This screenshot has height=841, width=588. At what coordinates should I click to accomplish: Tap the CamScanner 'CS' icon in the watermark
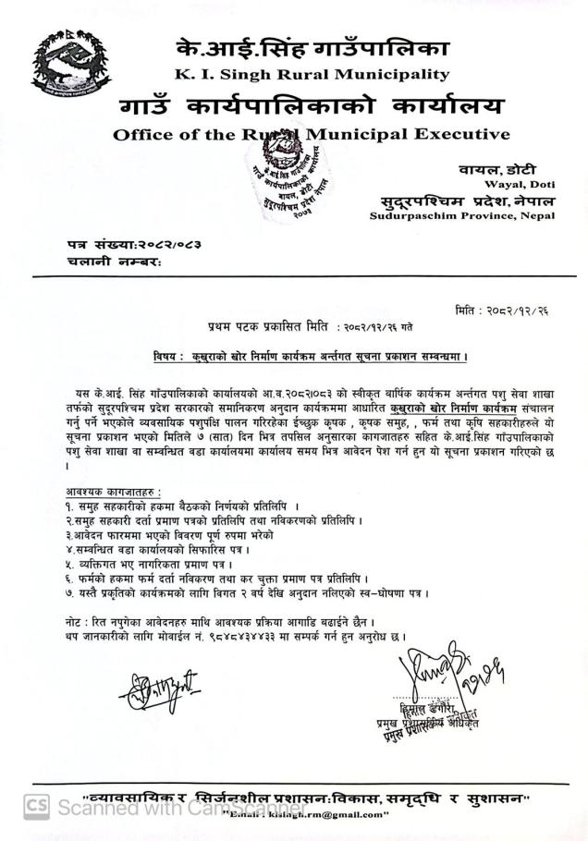pyautogui.click(x=36, y=807)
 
